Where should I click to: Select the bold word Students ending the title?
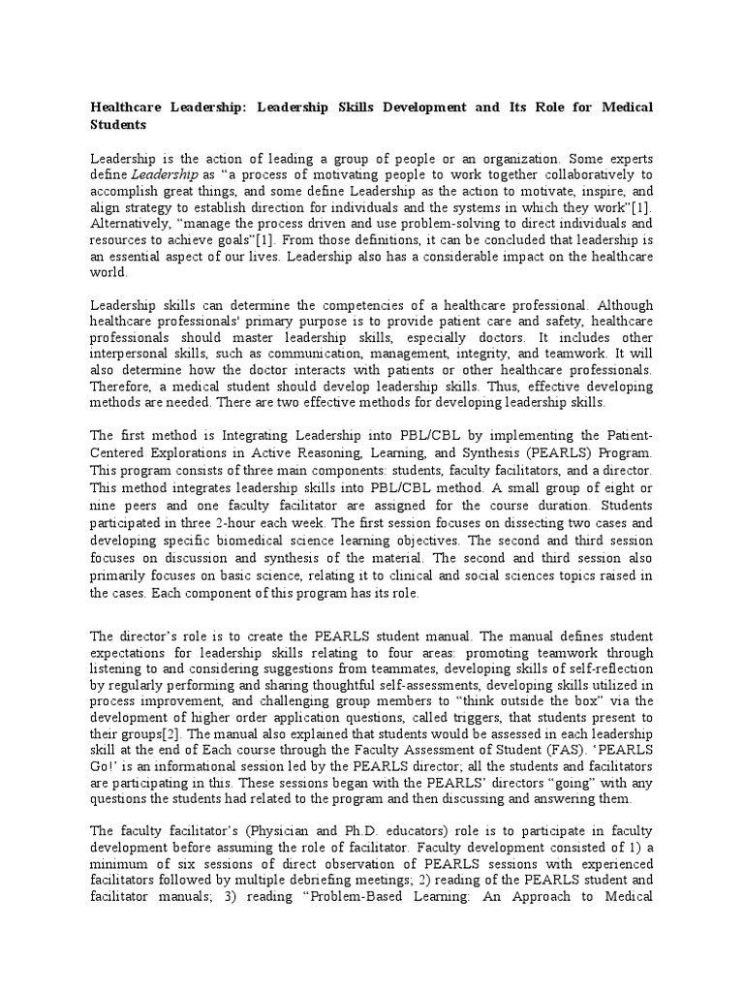[x=117, y=125]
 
